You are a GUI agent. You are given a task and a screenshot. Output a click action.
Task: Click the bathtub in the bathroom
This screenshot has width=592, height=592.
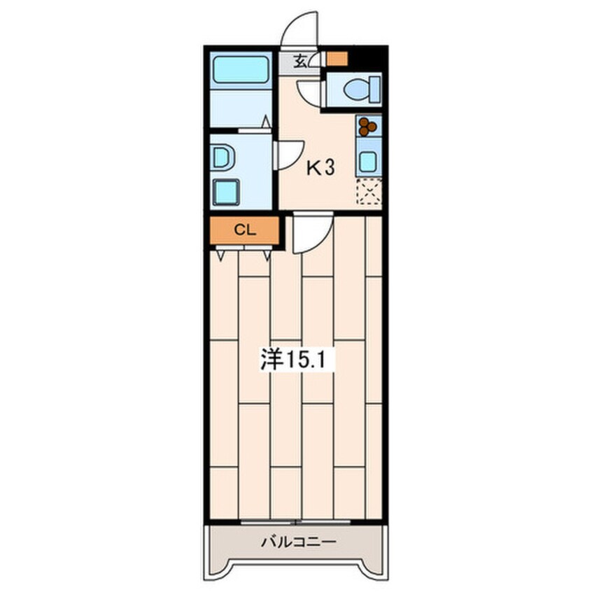tap(241, 69)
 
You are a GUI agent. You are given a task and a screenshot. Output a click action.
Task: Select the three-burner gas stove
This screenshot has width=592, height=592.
tap(368, 126)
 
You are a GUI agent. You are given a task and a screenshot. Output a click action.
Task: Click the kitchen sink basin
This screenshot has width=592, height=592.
tap(368, 162)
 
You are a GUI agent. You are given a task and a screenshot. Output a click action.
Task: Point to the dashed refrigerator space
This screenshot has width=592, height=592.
tap(369, 192)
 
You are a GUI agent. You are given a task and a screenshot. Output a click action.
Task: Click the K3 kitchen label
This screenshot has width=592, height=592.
tap(320, 168)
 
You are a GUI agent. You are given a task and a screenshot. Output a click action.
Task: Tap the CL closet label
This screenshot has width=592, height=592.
tap(245, 230)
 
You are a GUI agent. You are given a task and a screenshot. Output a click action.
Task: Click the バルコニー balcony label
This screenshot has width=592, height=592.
tap(299, 543)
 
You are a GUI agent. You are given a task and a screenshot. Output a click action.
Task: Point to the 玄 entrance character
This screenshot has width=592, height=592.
tap(300, 60)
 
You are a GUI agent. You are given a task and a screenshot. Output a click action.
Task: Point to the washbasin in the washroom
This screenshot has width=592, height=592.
tap(222, 158)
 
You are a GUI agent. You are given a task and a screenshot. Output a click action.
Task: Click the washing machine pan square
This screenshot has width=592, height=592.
tap(226, 192)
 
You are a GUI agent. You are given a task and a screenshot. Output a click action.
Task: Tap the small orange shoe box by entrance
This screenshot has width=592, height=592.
tap(337, 59)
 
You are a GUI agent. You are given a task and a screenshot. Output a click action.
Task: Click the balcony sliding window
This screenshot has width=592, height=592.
tap(295, 523)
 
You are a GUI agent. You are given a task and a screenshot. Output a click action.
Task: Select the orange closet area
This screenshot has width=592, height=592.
tap(245, 230)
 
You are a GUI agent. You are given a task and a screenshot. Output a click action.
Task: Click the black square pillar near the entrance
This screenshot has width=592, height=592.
tap(365, 59)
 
